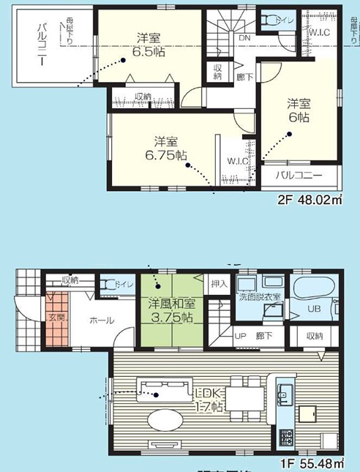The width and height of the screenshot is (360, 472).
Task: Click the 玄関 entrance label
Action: tap(57, 318)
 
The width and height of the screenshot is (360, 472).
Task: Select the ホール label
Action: tap(101, 320)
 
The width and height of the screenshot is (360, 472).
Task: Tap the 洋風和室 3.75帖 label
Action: tap(170, 311)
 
